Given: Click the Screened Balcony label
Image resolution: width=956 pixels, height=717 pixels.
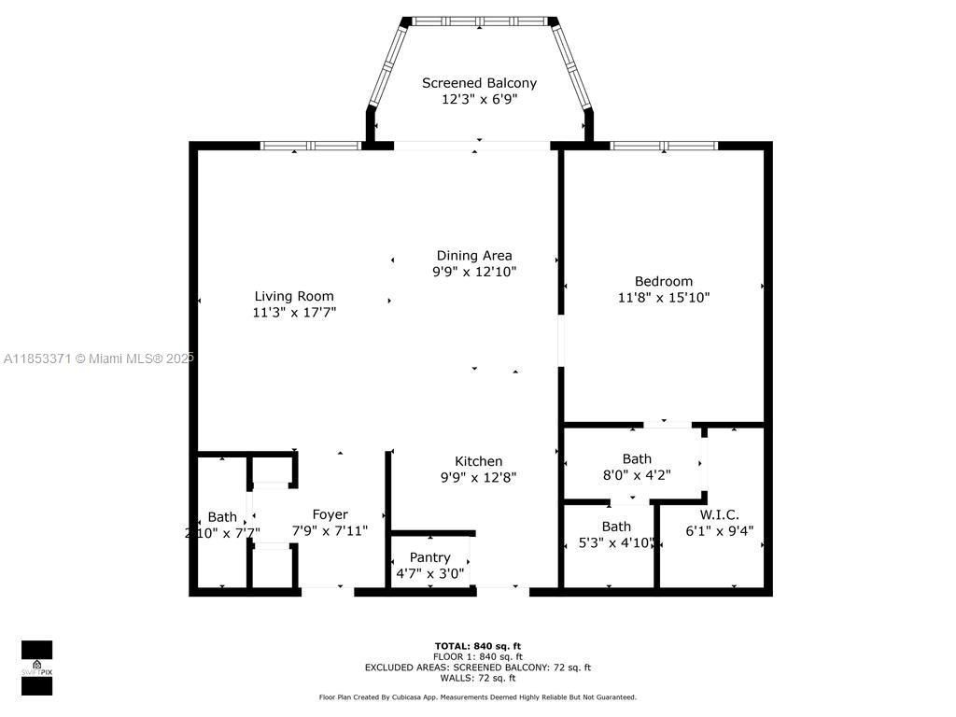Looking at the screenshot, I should tap(479, 83).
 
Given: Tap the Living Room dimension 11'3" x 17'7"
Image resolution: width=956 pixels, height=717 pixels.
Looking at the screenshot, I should tap(294, 314).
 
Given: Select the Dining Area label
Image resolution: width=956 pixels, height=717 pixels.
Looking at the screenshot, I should tap(474, 255).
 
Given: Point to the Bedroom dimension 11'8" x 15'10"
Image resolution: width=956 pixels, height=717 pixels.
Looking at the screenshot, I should tap(664, 298).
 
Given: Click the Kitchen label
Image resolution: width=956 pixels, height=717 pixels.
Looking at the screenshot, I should tap(478, 461).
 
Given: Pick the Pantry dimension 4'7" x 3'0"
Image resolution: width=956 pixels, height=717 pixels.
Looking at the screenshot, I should tap(429, 573).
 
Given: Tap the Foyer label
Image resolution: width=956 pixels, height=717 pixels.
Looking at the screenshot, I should tap(330, 514).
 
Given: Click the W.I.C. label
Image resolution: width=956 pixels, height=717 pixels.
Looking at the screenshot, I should tap(719, 514).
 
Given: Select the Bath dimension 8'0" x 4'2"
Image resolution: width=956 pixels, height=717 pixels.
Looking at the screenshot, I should tap(638, 474).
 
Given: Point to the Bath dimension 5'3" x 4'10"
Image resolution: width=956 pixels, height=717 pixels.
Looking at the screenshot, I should tap(616, 542).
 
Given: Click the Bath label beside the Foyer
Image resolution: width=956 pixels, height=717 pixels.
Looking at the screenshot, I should tap(222, 517).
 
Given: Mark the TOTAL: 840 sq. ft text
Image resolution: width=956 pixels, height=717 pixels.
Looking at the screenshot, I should tap(478, 646).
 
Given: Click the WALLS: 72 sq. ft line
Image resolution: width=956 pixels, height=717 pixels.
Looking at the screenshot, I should tap(478, 679).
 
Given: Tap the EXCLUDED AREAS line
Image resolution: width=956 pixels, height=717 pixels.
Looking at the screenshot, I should tap(478, 668).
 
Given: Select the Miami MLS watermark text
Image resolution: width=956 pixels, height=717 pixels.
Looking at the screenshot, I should tap(98, 358).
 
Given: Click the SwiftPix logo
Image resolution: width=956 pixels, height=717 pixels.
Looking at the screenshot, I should tap(36, 667).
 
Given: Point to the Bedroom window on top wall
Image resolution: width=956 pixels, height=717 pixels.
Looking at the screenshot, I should tap(664, 146).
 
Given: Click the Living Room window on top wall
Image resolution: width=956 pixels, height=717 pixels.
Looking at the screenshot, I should tap(310, 146).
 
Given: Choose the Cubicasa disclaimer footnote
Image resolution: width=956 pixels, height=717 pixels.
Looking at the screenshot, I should tap(478, 697).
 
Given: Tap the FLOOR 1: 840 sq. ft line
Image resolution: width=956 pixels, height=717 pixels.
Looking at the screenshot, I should tap(478, 657).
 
